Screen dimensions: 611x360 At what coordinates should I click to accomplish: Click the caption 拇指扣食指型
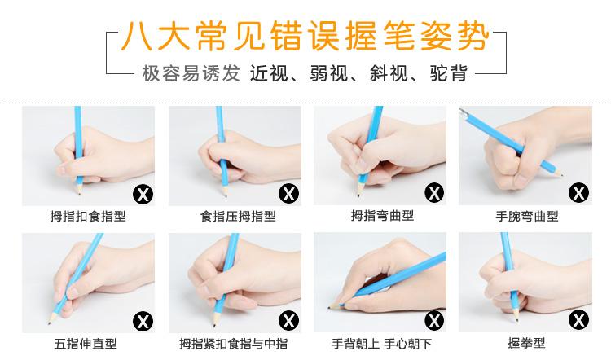point(88,216)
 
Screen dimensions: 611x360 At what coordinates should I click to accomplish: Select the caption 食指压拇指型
point(238,216)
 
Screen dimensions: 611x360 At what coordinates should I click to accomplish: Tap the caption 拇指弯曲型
point(382,215)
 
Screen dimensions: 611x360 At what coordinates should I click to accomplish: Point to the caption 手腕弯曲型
point(527,216)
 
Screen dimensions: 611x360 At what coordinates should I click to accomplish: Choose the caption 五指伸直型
point(86,344)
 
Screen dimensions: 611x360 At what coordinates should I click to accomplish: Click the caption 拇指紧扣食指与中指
point(234,344)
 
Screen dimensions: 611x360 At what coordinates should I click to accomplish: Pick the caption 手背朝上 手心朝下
point(382,344)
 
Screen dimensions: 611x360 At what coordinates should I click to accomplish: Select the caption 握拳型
point(526,343)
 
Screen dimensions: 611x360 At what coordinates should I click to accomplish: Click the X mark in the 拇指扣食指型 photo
point(143,194)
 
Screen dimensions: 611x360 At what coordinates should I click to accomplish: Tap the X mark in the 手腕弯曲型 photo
point(579,193)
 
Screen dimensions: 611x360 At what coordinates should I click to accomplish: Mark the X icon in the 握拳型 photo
point(579,320)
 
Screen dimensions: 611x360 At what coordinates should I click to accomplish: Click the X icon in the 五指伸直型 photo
point(143,322)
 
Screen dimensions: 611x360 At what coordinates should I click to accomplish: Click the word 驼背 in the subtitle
point(449,73)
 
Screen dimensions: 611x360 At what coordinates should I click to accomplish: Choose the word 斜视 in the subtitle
point(389,73)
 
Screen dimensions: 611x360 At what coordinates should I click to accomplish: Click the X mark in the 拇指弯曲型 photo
point(434,193)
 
